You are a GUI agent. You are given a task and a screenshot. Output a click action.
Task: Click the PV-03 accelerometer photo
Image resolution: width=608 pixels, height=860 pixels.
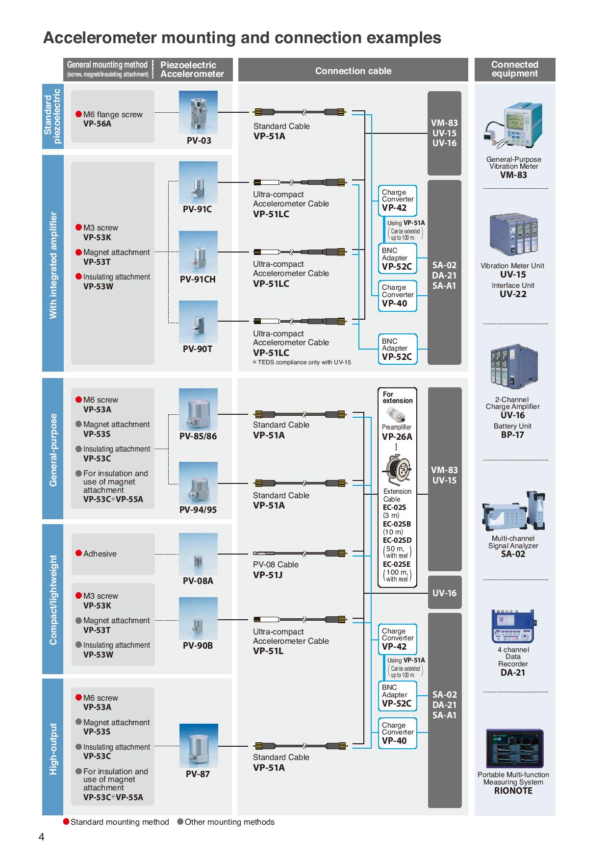click(x=199, y=113)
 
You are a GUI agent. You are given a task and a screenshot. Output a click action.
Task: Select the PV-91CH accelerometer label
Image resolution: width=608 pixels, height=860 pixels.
click(x=198, y=279)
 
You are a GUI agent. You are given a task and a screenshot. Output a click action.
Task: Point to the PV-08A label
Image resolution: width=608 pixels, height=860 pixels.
click(x=198, y=581)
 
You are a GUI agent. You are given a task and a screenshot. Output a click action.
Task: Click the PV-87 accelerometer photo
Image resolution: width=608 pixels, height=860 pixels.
click(x=198, y=745)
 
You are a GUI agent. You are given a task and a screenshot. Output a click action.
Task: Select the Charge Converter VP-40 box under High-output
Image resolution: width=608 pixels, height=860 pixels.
click(x=397, y=733)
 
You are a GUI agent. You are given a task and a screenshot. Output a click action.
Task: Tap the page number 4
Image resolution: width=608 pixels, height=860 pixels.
click(x=41, y=837)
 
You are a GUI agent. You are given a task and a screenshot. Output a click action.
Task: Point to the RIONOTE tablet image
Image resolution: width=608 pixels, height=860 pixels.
click(x=514, y=749)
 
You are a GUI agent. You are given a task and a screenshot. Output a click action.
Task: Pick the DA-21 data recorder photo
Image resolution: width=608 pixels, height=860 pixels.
click(x=513, y=626)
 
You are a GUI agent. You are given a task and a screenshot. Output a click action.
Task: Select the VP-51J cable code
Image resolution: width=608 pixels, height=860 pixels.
click(x=268, y=575)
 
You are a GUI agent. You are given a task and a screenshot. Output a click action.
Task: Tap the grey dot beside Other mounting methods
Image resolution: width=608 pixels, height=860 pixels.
click(x=180, y=822)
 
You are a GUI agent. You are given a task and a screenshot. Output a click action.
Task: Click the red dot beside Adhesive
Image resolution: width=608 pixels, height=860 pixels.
click(x=78, y=554)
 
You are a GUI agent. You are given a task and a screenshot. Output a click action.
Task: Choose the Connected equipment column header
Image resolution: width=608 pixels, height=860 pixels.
click(x=514, y=69)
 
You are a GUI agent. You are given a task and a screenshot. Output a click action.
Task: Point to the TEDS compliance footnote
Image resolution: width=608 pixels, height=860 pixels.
click(x=302, y=362)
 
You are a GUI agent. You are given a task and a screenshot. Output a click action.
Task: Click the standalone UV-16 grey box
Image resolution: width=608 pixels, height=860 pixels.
click(x=444, y=593)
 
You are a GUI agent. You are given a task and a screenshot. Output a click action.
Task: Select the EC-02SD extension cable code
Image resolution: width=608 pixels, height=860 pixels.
click(x=397, y=540)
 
